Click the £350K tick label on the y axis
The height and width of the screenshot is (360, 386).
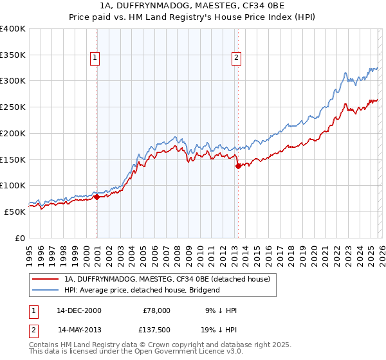(x=13, y=55)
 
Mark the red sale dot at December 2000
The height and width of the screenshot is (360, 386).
(x=96, y=197)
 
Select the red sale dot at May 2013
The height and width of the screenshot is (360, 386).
(x=237, y=166)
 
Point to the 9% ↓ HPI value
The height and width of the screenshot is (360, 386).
(x=221, y=310)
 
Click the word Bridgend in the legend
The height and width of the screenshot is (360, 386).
(x=205, y=290)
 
